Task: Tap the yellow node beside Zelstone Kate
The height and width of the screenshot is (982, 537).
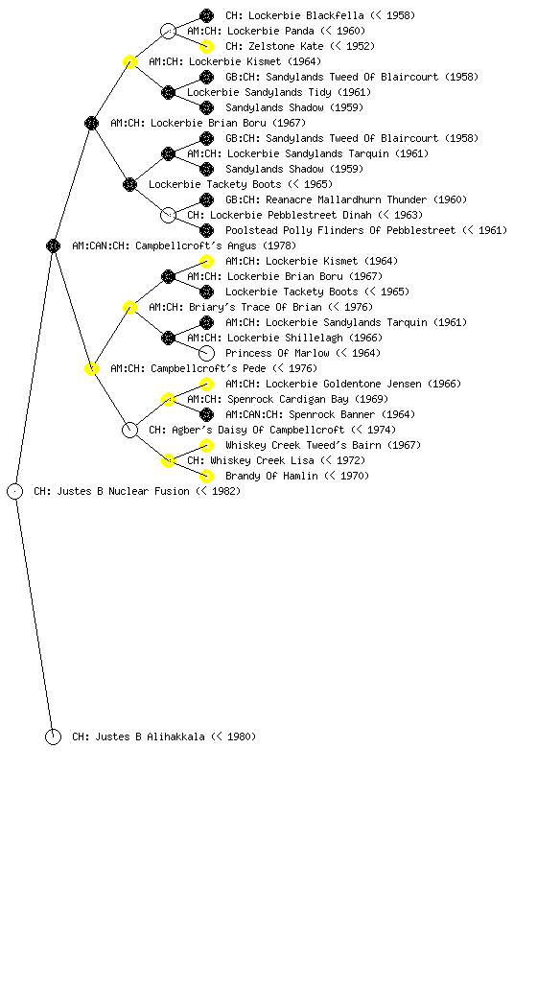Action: click(206, 46)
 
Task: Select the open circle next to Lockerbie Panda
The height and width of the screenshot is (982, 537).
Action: click(168, 31)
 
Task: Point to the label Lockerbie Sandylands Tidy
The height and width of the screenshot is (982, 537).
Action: click(278, 92)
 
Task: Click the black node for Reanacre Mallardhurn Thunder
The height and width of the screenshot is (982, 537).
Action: click(206, 199)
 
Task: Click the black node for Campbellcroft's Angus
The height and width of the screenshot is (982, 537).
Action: click(53, 245)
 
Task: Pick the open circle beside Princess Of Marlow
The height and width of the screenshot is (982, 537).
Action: click(206, 353)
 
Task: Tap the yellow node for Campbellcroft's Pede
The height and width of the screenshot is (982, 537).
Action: click(91, 368)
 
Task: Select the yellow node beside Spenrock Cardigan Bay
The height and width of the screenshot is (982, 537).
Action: click(168, 399)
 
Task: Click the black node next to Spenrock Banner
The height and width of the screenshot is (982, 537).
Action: click(206, 414)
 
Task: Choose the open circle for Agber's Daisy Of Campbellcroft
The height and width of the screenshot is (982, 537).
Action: click(129, 430)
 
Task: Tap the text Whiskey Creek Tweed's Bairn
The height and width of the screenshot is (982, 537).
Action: click(323, 445)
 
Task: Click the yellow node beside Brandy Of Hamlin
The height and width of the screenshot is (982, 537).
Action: click(206, 476)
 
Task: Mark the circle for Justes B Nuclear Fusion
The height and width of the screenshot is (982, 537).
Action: click(15, 491)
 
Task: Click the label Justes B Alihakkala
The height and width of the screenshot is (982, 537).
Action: click(164, 736)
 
